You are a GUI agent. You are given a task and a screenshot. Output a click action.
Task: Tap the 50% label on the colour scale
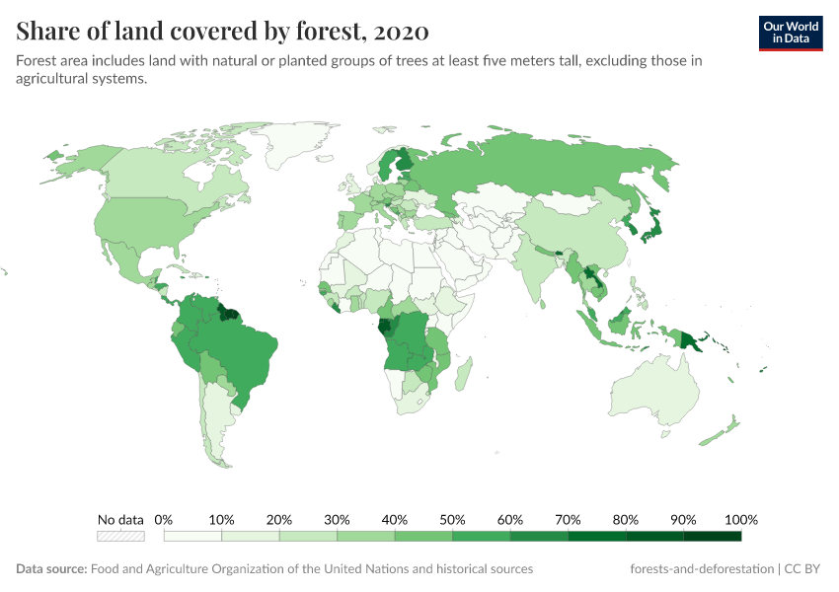453,520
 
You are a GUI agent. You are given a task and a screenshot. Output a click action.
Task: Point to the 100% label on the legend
740,520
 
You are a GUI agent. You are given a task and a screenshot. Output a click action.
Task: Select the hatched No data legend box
120,536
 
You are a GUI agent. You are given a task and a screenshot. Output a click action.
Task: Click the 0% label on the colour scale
164,520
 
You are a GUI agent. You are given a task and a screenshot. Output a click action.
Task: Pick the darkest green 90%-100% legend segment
712,536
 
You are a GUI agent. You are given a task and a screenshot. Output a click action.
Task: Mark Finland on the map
404,163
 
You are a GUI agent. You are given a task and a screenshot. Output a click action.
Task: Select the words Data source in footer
51,569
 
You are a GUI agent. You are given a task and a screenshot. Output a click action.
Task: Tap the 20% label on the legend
279,520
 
